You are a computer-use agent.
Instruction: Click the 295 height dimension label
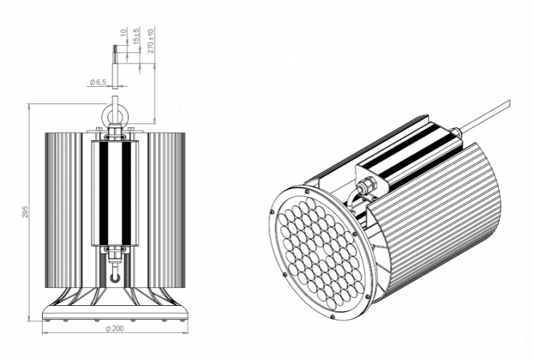click(x=25, y=212)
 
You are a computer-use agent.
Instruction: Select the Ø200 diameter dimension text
click(x=114, y=329)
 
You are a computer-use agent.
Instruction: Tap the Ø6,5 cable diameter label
click(x=98, y=82)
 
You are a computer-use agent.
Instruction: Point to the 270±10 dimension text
click(x=151, y=41)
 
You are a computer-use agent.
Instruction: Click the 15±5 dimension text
click(x=136, y=36)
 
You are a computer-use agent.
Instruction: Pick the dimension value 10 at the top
click(x=123, y=33)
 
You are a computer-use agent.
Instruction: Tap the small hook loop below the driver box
click(x=115, y=277)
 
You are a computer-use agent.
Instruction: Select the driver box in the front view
click(x=116, y=193)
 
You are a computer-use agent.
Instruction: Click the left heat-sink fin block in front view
click(x=63, y=210)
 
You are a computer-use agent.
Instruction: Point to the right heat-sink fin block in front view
click(x=166, y=210)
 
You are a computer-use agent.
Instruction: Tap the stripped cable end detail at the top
click(x=116, y=67)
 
